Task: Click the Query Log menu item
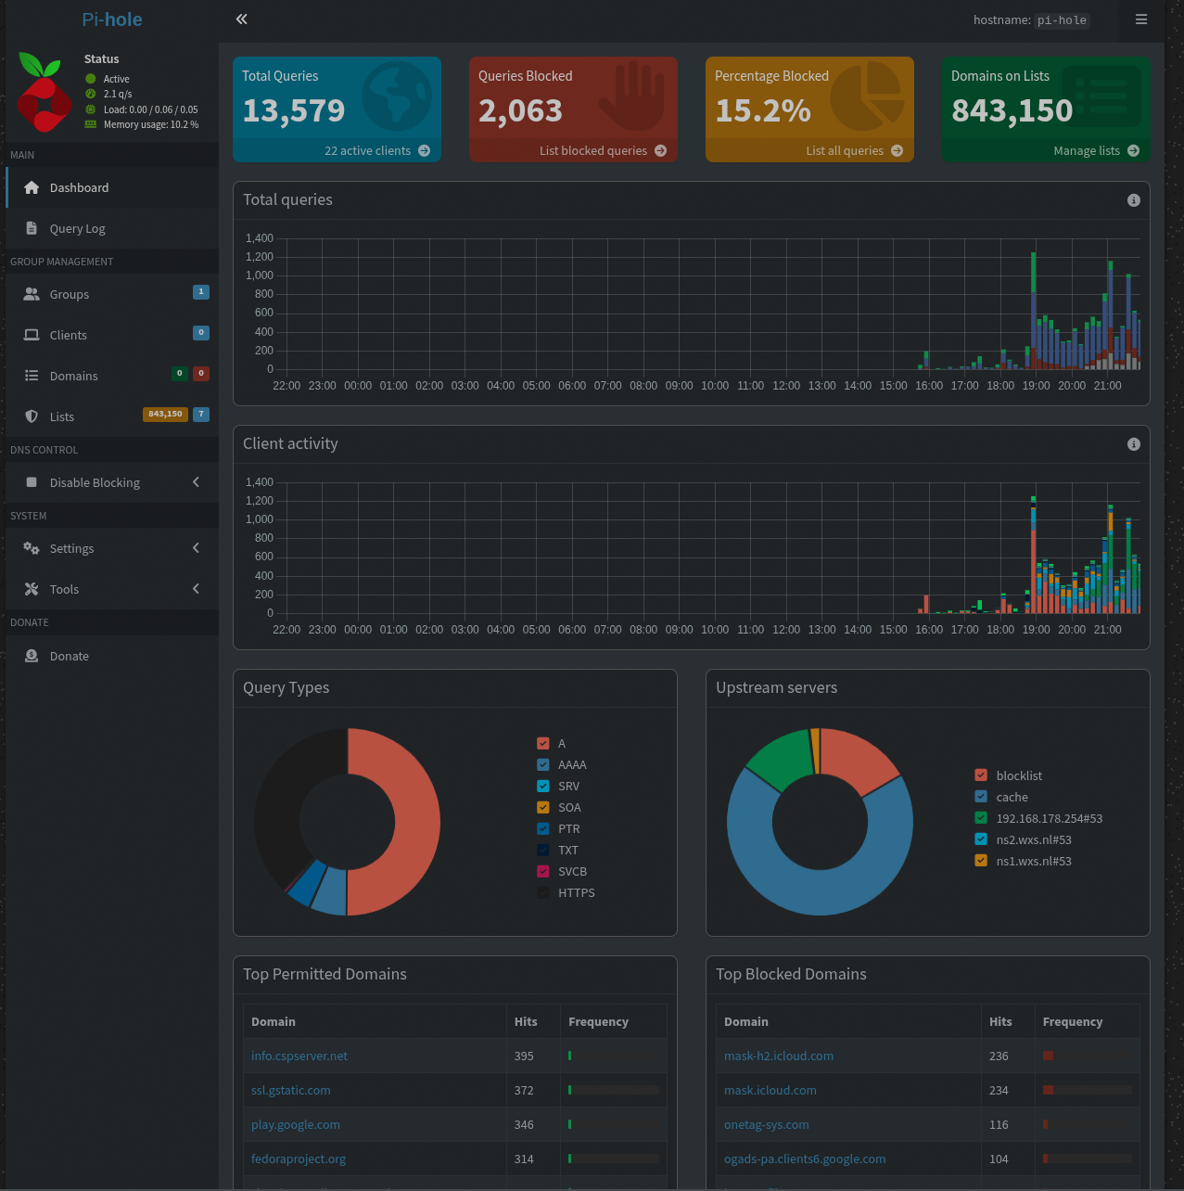coord(77,229)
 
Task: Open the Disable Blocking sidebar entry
coord(95,482)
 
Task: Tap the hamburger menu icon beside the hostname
coord(1141,19)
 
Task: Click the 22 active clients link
coord(376,151)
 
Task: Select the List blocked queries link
coord(602,151)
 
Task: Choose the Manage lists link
coord(1095,151)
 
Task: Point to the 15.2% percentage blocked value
coord(762,111)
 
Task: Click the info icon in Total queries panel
coord(1133,200)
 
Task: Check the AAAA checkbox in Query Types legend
coord(543,765)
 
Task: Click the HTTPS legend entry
coord(576,893)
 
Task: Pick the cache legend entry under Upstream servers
coord(1012,798)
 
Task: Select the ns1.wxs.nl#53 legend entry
coord(1033,862)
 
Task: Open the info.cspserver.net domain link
coord(299,1057)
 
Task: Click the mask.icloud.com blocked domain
coord(770,1091)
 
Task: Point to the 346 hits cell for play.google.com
coord(524,1125)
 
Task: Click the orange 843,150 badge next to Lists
coord(165,415)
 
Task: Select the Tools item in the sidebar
coord(64,590)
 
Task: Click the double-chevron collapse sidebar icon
coord(241,19)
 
